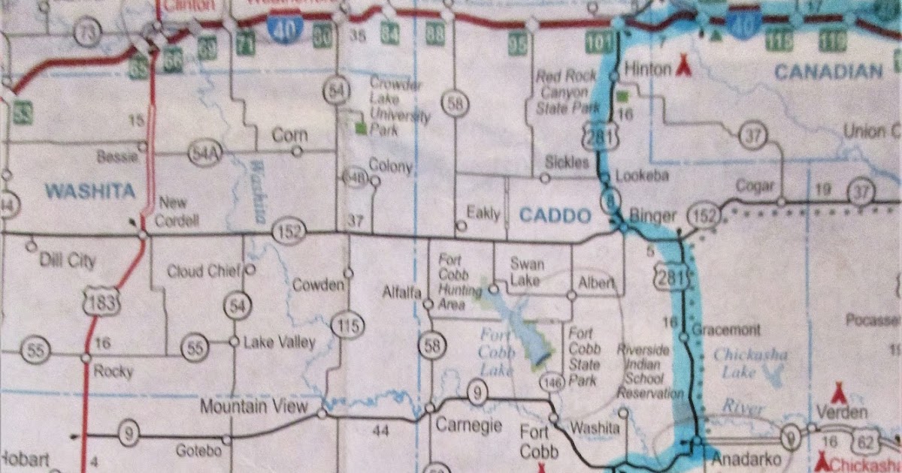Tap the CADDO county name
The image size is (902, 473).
pyautogui.click(x=555, y=216)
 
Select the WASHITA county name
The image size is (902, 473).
pyautogui.click(x=90, y=191)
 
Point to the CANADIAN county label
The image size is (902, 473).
pyautogui.click(x=828, y=72)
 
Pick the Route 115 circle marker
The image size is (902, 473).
pyautogui.click(x=347, y=326)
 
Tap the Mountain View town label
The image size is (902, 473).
pyautogui.click(x=254, y=407)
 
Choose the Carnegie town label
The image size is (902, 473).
pyautogui.click(x=469, y=425)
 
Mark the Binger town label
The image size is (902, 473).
pyautogui.click(x=653, y=216)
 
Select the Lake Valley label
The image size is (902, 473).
pyautogui.click(x=280, y=342)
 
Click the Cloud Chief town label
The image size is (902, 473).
pyautogui.click(x=204, y=271)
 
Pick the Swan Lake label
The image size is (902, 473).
pyautogui.click(x=527, y=272)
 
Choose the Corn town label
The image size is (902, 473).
pyautogui.click(x=289, y=136)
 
